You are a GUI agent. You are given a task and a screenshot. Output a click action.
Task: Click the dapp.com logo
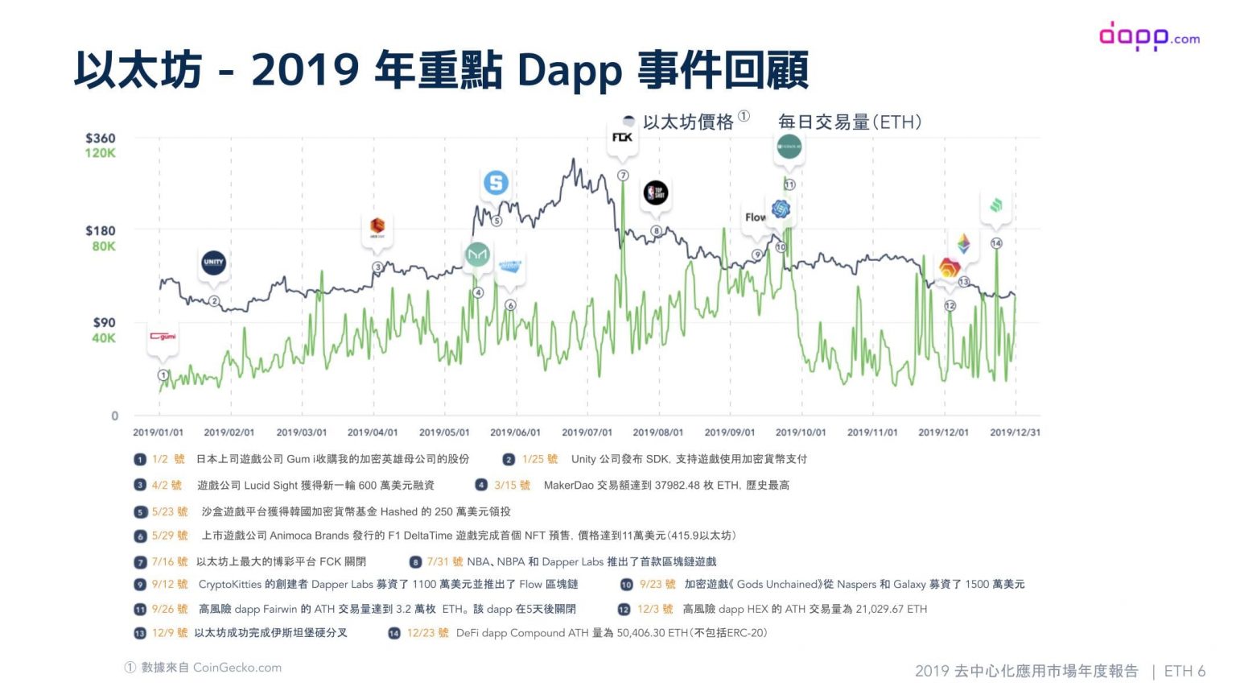tap(1148, 36)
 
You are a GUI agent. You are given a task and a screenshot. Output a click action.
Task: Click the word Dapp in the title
tap(569, 70)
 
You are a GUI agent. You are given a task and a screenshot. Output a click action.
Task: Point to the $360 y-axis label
tap(101, 138)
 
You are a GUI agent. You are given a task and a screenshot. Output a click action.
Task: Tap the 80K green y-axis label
tap(103, 246)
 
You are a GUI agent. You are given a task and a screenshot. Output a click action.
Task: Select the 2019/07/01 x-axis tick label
tap(587, 432)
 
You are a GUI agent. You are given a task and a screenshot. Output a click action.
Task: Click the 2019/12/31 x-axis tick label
tap(1015, 432)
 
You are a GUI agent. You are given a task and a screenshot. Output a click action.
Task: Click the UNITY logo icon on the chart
tap(213, 263)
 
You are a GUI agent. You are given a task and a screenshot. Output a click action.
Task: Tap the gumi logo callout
tap(163, 337)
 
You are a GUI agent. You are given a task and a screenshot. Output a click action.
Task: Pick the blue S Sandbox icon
tap(496, 183)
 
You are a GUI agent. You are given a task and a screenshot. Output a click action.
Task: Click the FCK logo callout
tap(622, 138)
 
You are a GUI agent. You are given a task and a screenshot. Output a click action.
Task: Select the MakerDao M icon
tap(477, 254)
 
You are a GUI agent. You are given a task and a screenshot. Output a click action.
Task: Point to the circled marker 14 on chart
tap(996, 243)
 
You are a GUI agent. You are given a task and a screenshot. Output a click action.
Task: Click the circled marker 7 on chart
tap(623, 176)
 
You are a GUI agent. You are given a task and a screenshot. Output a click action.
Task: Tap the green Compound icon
tap(996, 206)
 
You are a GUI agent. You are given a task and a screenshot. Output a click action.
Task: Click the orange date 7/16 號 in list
tap(169, 561)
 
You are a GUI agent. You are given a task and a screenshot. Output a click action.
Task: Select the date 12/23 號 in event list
tap(427, 633)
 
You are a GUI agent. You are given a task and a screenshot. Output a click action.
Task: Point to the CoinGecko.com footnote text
tap(237, 668)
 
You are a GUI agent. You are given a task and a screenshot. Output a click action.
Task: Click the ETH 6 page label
tap(1184, 671)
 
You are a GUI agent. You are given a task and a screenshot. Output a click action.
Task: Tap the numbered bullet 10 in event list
tap(626, 585)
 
